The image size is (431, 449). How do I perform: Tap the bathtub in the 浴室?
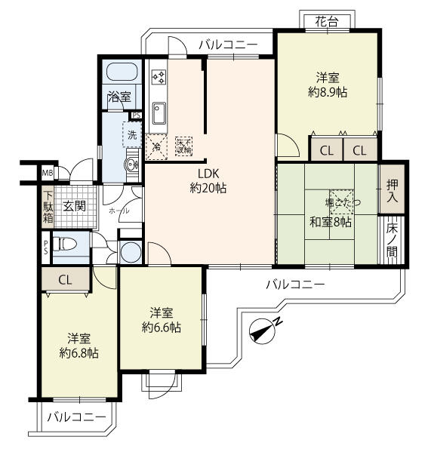point(121,72)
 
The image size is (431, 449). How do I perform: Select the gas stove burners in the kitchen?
point(159,77)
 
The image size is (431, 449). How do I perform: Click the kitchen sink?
point(159,113)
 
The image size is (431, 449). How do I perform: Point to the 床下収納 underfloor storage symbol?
point(183,145)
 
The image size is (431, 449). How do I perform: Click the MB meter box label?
point(48,172)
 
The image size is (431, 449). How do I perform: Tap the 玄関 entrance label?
point(73,206)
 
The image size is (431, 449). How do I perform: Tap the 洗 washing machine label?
point(132,136)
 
